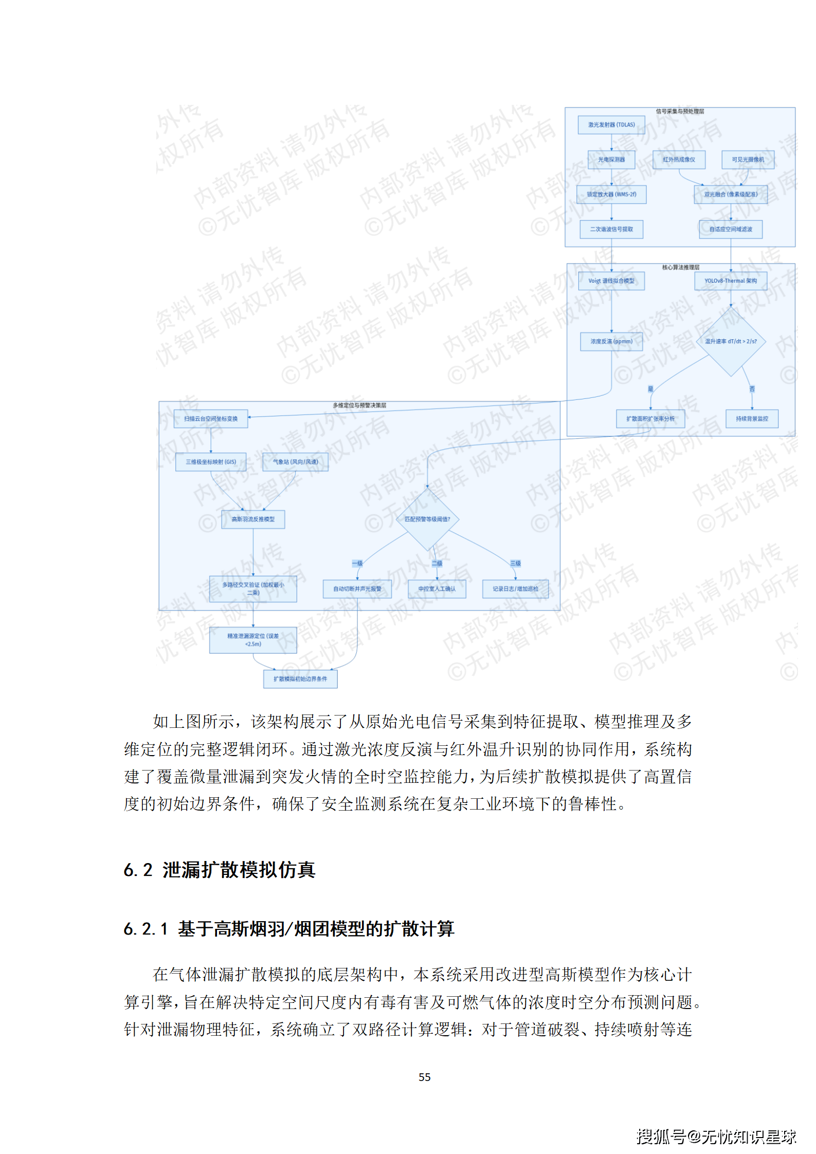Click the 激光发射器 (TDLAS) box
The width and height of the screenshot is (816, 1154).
click(611, 125)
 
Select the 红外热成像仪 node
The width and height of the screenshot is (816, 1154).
click(679, 160)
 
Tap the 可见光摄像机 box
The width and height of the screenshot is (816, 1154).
click(748, 160)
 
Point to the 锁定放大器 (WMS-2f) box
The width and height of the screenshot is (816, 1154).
click(611, 194)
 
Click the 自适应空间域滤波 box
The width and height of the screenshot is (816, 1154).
click(730, 229)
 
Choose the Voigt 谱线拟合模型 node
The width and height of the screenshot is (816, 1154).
click(611, 281)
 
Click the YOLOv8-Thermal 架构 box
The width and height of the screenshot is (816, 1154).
click(730, 281)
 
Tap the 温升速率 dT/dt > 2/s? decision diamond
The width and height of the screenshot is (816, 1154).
click(730, 341)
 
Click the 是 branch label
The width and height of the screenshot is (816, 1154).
click(650, 389)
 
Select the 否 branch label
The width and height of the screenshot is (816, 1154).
click(752, 389)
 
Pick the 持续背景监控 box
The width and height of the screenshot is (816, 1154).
click(752, 419)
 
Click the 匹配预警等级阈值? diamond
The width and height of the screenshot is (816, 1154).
click(427, 519)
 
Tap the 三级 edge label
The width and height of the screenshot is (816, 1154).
click(515, 563)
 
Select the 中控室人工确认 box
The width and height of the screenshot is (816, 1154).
click(437, 589)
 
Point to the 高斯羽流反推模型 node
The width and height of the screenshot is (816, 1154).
click(253, 519)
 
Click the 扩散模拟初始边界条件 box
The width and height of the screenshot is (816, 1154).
click(300, 679)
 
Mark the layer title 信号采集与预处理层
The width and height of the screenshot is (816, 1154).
click(680, 112)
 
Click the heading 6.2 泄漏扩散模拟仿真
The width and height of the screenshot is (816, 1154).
click(220, 870)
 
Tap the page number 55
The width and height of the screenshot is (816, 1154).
click(424, 1077)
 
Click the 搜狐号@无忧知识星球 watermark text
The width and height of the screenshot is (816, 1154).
click(716, 1137)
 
